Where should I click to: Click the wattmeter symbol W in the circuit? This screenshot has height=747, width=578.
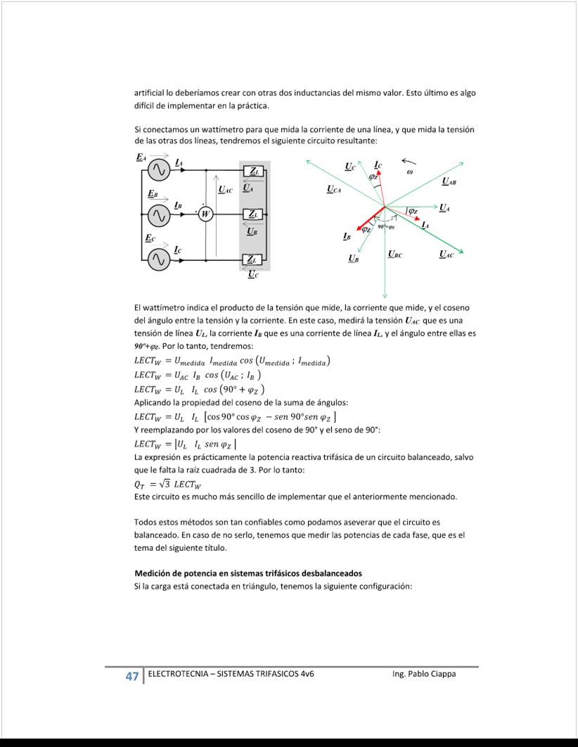pos(205,214)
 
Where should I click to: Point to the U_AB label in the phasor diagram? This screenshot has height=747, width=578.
pos(448,181)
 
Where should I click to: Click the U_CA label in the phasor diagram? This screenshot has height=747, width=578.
pos(335,189)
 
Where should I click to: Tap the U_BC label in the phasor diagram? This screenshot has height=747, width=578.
pos(395,254)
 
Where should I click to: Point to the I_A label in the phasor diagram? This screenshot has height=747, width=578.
pos(425,224)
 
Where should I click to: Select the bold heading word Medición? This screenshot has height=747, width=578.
pos(153,573)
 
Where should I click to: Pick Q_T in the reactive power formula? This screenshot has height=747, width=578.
pos(140,484)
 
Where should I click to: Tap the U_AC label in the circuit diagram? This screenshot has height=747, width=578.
pos(226,189)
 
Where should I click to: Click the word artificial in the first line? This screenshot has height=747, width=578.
pos(149,93)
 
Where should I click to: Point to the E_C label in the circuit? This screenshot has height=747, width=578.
pos(150,238)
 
